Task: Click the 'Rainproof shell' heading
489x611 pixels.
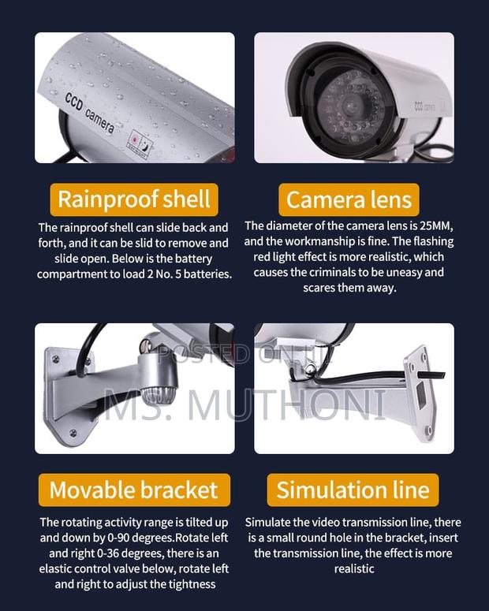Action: pos(134,199)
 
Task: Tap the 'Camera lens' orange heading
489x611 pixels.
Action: pos(349,199)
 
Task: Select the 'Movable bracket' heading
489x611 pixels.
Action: pos(133,490)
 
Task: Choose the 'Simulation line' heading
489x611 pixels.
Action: pos(353,490)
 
